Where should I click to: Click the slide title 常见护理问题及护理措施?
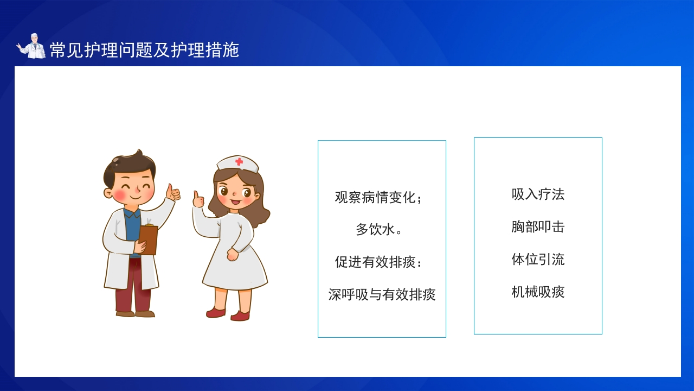tap(144, 49)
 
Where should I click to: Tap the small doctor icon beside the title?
tap(31, 46)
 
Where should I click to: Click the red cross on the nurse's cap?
tap(239, 161)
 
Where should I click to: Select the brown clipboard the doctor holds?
tap(148, 239)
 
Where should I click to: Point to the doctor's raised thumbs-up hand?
tap(172, 193)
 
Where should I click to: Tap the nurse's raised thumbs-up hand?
tap(198, 199)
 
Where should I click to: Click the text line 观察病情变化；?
tap(378, 197)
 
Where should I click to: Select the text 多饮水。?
tap(378, 230)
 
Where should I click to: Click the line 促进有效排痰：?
tap(378, 262)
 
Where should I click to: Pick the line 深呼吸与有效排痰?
tap(382, 294)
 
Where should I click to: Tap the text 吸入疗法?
tap(538, 194)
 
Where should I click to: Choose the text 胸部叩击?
tap(538, 226)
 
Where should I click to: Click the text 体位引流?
tap(538, 259)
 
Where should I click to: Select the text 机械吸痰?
tap(538, 292)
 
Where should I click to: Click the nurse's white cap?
tap(237, 164)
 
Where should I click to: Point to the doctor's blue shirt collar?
tap(133, 213)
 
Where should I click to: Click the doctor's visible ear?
tap(108, 193)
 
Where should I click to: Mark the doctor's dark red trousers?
tap(133, 285)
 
